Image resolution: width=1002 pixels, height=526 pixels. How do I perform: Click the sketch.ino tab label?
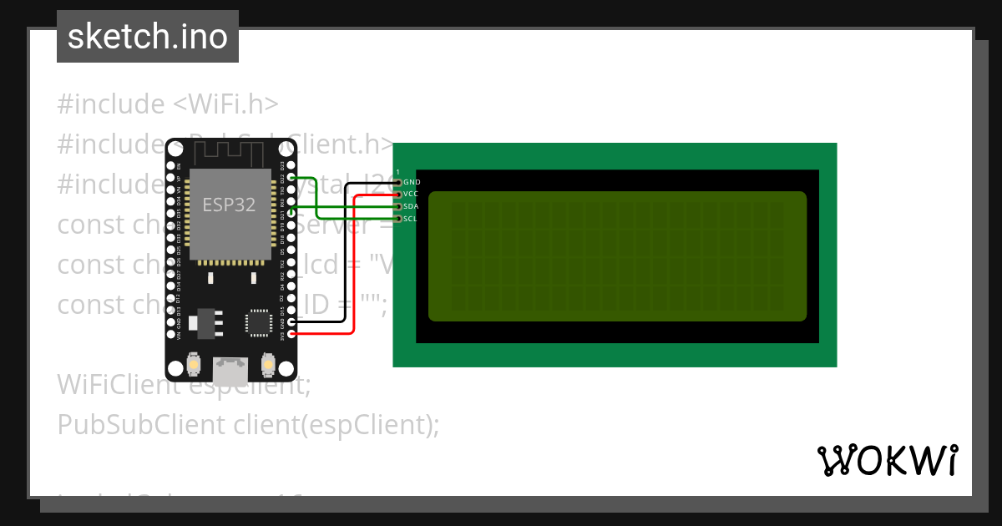tap(148, 37)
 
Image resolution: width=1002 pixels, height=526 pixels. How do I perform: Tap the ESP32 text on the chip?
tap(229, 204)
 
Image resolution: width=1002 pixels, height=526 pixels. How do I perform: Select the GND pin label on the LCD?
tap(412, 181)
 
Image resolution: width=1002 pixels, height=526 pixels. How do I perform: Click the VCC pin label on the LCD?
tap(411, 194)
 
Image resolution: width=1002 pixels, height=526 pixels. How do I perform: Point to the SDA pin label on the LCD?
tap(411, 206)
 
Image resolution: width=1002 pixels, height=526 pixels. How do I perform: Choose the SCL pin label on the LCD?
tap(410, 219)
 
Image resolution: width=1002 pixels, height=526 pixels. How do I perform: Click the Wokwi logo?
tap(887, 460)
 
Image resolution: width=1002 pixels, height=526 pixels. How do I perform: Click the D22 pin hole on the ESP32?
tap(291, 177)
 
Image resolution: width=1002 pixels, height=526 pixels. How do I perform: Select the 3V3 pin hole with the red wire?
tap(291, 334)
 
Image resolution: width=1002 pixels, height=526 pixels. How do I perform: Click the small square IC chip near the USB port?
tap(259, 322)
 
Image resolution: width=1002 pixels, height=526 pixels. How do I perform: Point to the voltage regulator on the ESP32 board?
tap(203, 322)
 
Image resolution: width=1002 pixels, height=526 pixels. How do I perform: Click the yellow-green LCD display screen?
tap(618, 256)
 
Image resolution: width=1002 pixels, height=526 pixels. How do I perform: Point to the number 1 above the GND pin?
tap(398, 171)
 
